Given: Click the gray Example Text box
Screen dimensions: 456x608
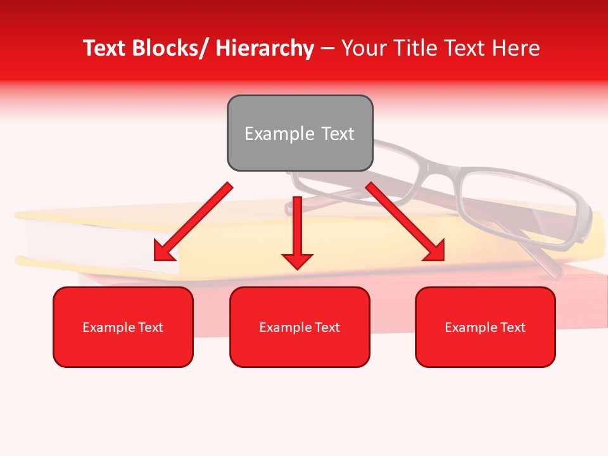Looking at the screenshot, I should coord(300,133).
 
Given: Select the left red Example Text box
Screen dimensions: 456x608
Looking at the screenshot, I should coord(123,327).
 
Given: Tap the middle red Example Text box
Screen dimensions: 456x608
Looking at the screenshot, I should coord(300,327).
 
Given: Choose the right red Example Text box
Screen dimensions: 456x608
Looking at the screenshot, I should coord(485,327).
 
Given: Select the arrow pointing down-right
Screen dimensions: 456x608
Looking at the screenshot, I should coord(405,222).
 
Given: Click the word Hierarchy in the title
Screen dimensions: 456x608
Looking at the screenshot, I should coord(265,48).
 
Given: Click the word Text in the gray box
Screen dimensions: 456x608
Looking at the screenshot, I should coord(336,134).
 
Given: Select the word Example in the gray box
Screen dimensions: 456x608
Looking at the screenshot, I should coord(279,134).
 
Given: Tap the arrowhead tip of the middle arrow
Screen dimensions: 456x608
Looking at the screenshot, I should coord(297,268).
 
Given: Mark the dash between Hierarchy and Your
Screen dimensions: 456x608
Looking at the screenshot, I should coord(327,48).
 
